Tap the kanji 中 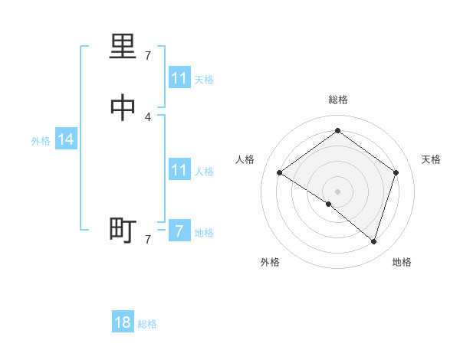[123, 109]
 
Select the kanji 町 [123, 229]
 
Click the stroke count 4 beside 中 [148, 116]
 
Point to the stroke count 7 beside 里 [148, 56]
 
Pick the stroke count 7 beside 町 [148, 240]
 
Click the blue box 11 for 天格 [179, 78]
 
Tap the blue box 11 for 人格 [179, 170]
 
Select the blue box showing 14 [66, 139]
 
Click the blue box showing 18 [123, 322]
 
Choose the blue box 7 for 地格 [179, 231]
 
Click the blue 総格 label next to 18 [147, 324]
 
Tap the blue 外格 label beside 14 [41, 141]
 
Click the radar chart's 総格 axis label [338, 100]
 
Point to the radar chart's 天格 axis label [431, 159]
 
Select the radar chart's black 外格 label [270, 263]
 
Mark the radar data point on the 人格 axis [279, 173]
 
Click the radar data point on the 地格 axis [373, 241]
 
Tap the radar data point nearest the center [329, 205]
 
